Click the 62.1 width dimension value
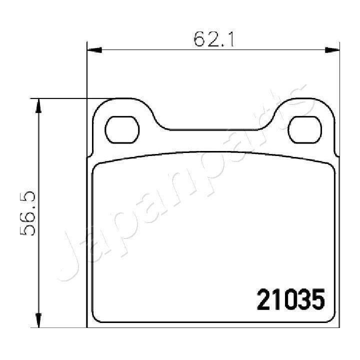(x=214, y=38)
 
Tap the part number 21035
(x=290, y=299)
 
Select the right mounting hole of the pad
(x=304, y=130)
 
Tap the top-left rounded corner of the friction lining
(x=98, y=167)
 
